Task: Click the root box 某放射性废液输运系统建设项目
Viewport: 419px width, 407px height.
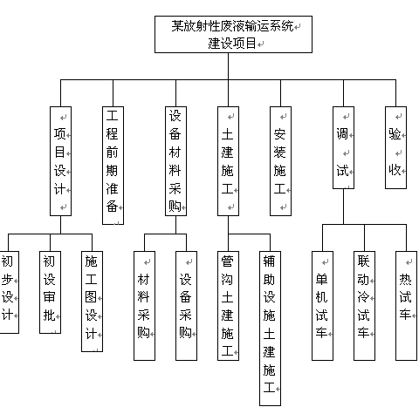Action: (x=233, y=34)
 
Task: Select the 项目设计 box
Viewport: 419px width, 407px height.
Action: (x=60, y=161)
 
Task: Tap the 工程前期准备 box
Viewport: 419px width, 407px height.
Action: (x=113, y=166)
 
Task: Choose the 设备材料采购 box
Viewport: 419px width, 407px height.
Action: (x=175, y=161)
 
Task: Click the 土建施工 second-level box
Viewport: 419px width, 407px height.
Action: (x=228, y=161)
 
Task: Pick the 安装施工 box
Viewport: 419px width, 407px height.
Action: (x=280, y=161)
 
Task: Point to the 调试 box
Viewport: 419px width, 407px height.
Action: (x=343, y=147)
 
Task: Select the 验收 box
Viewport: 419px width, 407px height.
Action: (x=395, y=147)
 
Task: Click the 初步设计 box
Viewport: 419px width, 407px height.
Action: (x=9, y=292)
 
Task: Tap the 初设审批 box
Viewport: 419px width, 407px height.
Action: (x=50, y=292)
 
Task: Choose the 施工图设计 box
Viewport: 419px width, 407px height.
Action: (x=92, y=302)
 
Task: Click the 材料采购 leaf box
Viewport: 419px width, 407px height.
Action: (x=144, y=306)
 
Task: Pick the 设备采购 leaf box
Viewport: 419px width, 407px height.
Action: (x=186, y=306)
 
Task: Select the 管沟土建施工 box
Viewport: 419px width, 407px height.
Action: (x=228, y=306)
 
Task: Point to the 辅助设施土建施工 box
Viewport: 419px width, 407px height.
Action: (x=270, y=329)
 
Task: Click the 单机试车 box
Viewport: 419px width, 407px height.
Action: (x=322, y=306)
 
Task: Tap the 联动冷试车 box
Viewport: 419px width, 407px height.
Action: (x=364, y=306)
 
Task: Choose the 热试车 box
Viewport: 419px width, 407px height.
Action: (x=406, y=306)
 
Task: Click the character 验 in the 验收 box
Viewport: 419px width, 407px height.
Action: (x=395, y=134)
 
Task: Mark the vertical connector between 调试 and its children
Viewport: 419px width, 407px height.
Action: (x=343, y=207)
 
